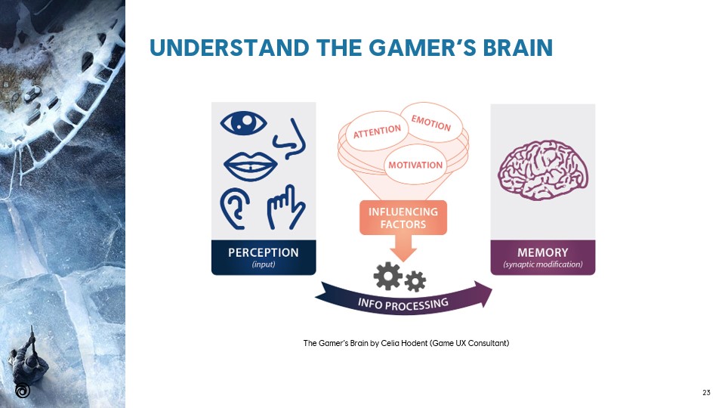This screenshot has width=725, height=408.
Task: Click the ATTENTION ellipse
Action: click(x=378, y=131)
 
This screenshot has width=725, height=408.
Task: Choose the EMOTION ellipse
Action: click(x=430, y=120)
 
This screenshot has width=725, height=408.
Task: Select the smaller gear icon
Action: click(x=415, y=283)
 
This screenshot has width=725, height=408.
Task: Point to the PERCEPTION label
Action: click(x=264, y=252)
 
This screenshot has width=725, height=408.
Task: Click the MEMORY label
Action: click(x=543, y=252)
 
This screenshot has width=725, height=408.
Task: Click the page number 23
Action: click(x=706, y=392)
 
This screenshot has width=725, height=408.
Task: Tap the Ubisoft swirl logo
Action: click(x=23, y=391)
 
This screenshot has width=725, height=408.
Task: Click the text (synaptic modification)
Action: click(x=543, y=264)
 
